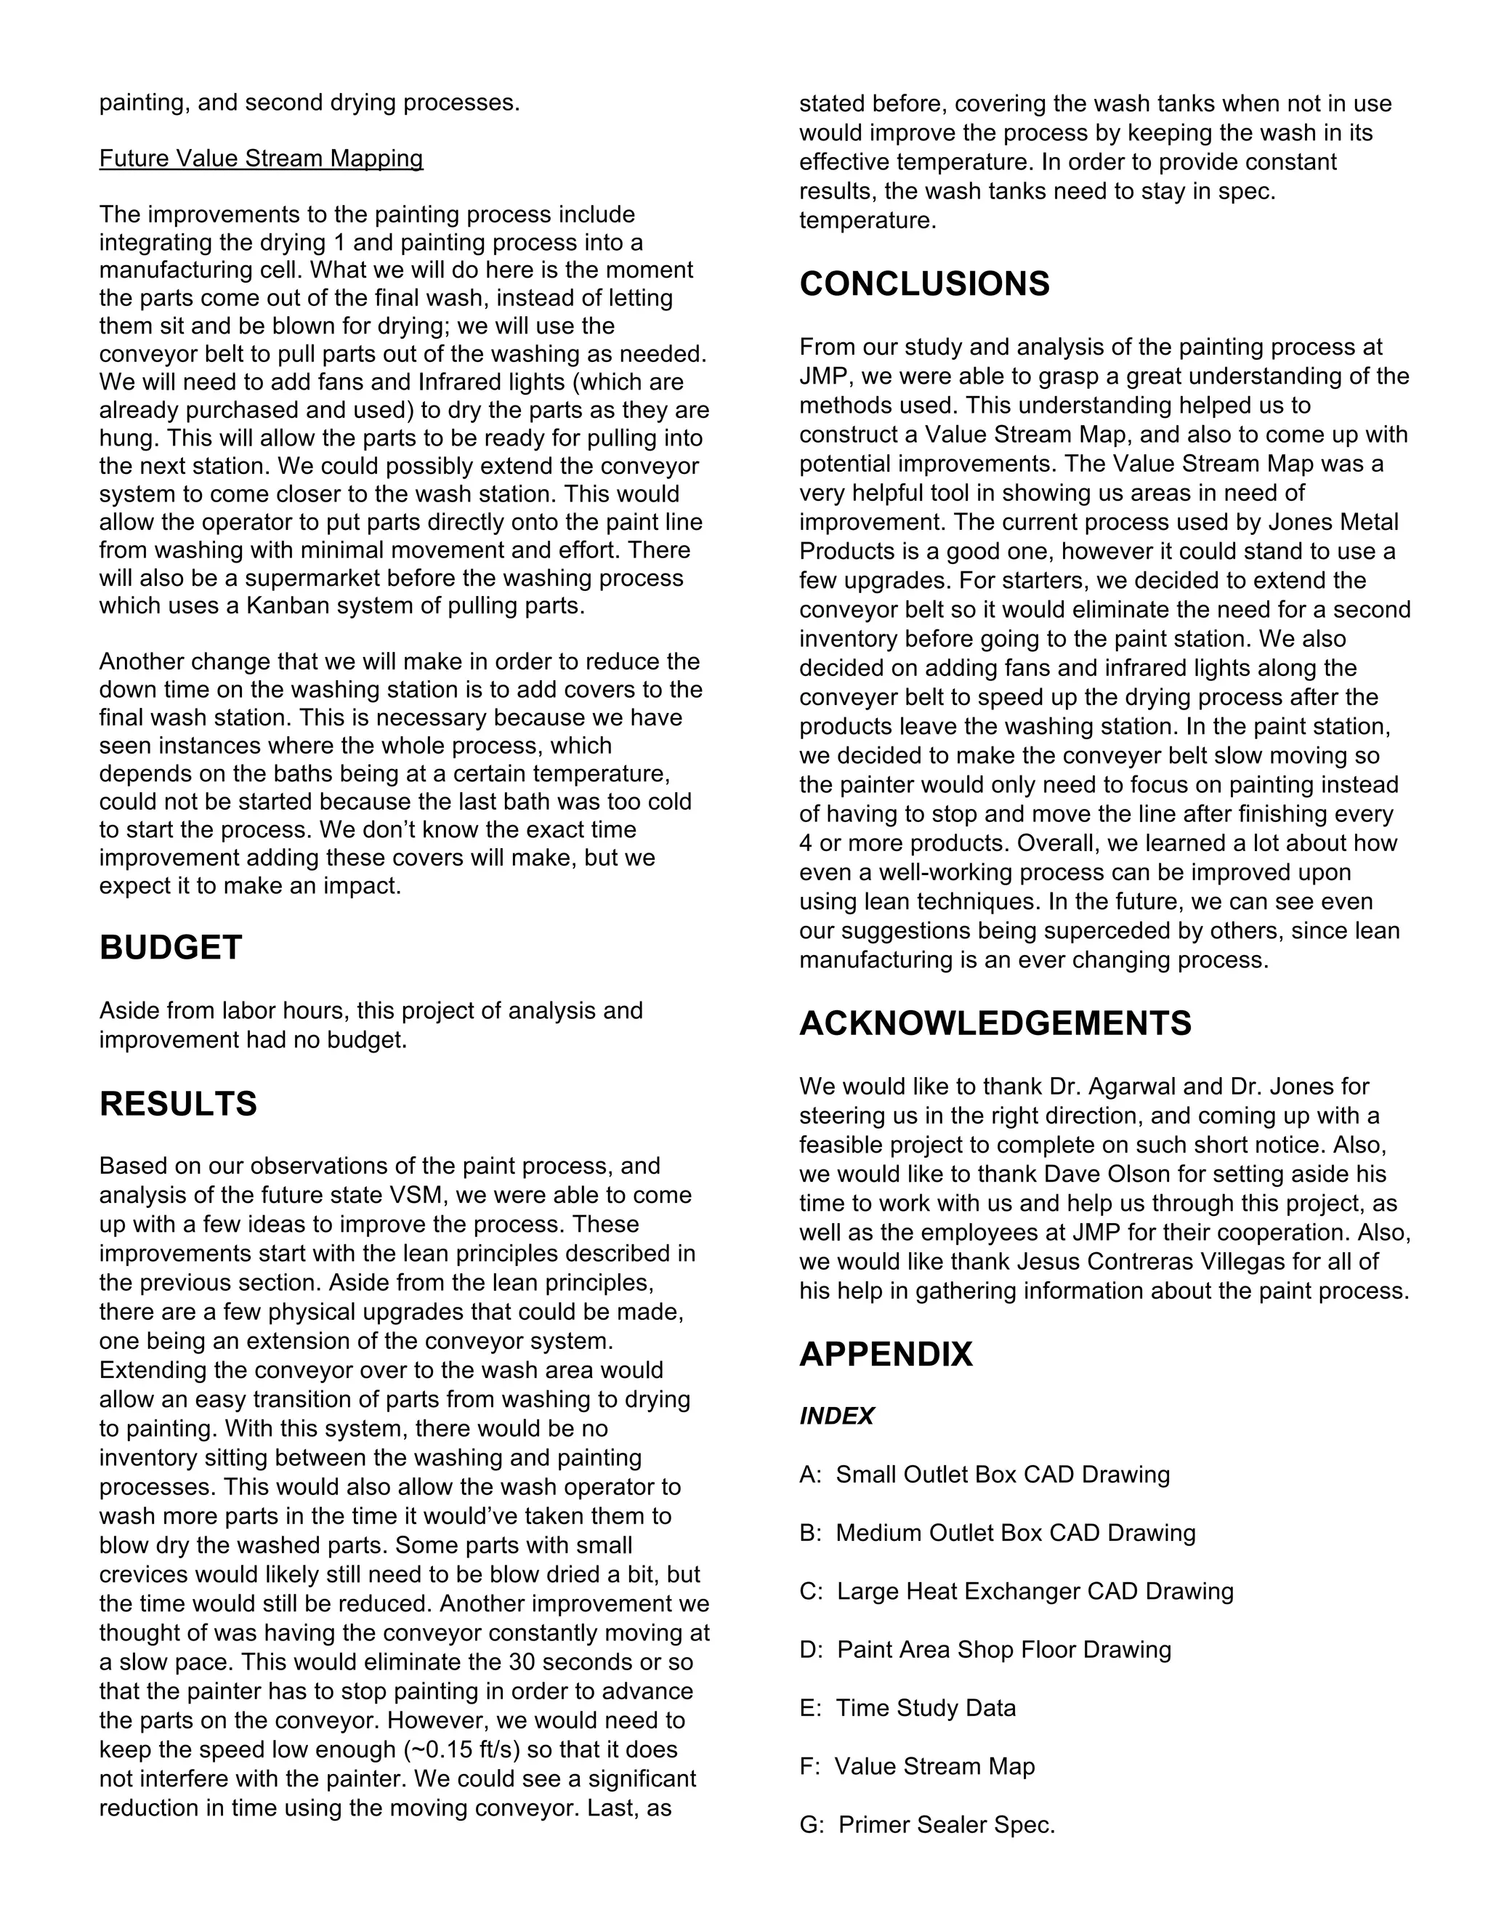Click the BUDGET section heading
pyautogui.click(x=170, y=948)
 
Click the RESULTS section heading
pyautogui.click(x=178, y=1104)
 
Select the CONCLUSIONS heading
pyautogui.click(x=924, y=284)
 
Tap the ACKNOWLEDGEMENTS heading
pyautogui.click(x=995, y=1024)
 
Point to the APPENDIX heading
pyautogui.click(x=885, y=1355)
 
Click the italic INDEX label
pyautogui.click(x=836, y=1417)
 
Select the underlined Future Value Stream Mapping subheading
pyautogui.click(x=261, y=158)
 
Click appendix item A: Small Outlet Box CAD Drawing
pyautogui.click(x=984, y=1475)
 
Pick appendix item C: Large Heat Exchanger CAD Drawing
pyautogui.click(x=1016, y=1591)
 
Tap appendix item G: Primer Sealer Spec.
pyautogui.click(x=926, y=1824)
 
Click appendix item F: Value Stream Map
pyautogui.click(x=917, y=1766)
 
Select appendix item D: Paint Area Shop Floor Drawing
pyautogui.click(x=984, y=1649)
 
